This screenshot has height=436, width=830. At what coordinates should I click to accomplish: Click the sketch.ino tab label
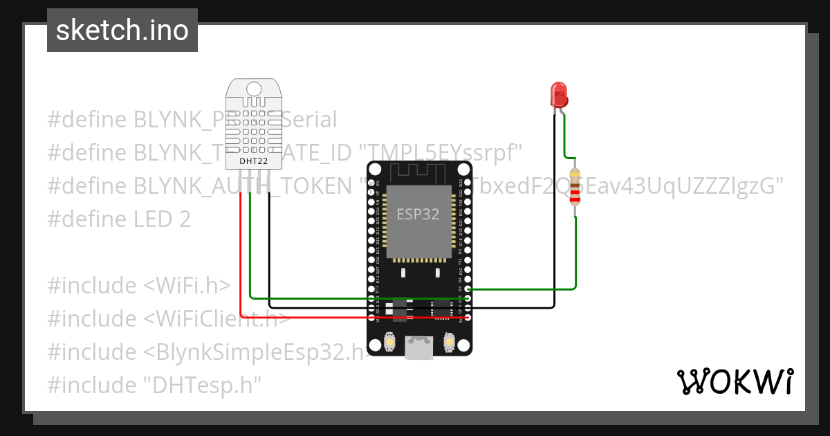tap(122, 30)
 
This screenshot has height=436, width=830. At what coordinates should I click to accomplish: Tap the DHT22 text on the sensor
tap(254, 161)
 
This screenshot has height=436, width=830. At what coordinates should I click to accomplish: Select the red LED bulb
tap(558, 94)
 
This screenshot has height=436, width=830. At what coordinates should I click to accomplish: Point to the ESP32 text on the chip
tap(417, 214)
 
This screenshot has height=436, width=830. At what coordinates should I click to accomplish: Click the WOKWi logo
tap(735, 381)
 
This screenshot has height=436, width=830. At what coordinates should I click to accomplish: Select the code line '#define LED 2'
tap(118, 219)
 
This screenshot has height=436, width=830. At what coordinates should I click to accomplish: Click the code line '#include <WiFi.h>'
tap(138, 286)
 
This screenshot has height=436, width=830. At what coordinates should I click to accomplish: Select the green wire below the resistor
tap(575, 256)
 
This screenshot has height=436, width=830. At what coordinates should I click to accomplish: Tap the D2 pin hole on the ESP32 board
tap(468, 289)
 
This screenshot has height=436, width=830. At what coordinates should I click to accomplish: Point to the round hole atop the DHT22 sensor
tap(254, 88)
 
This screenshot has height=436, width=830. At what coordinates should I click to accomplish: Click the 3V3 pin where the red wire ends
tap(468, 317)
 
